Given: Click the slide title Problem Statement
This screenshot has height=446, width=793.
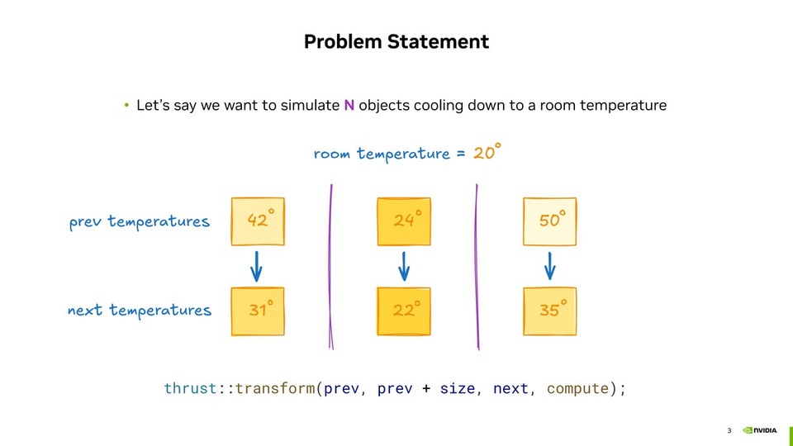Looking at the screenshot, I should point(396,41).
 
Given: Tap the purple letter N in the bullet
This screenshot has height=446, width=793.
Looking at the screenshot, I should point(349,106).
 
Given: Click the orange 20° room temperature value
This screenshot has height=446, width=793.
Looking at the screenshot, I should point(487,153).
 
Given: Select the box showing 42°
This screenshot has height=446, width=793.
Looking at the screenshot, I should point(258,221).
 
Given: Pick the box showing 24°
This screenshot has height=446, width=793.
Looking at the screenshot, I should point(404,221).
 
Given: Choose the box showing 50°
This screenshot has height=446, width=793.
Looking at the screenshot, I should point(549,221).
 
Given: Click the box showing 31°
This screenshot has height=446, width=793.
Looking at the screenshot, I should point(258,311).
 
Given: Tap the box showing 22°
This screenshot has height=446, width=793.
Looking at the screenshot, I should point(404,311).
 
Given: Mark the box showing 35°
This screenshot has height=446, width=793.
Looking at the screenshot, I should point(549,311).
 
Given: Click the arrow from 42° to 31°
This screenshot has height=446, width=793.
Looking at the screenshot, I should point(257,266).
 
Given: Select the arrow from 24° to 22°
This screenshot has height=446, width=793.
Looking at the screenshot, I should point(404,266).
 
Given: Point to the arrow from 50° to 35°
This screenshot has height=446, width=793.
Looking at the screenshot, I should point(550,266).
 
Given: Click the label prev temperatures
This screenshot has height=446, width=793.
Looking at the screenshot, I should point(140,222).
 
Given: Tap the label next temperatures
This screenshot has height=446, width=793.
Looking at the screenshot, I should point(140,311).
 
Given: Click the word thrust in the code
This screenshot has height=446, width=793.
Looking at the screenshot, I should point(190,388).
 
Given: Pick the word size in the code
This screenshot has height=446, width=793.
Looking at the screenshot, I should point(457,388).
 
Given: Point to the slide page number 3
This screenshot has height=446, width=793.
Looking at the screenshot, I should point(729,430).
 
